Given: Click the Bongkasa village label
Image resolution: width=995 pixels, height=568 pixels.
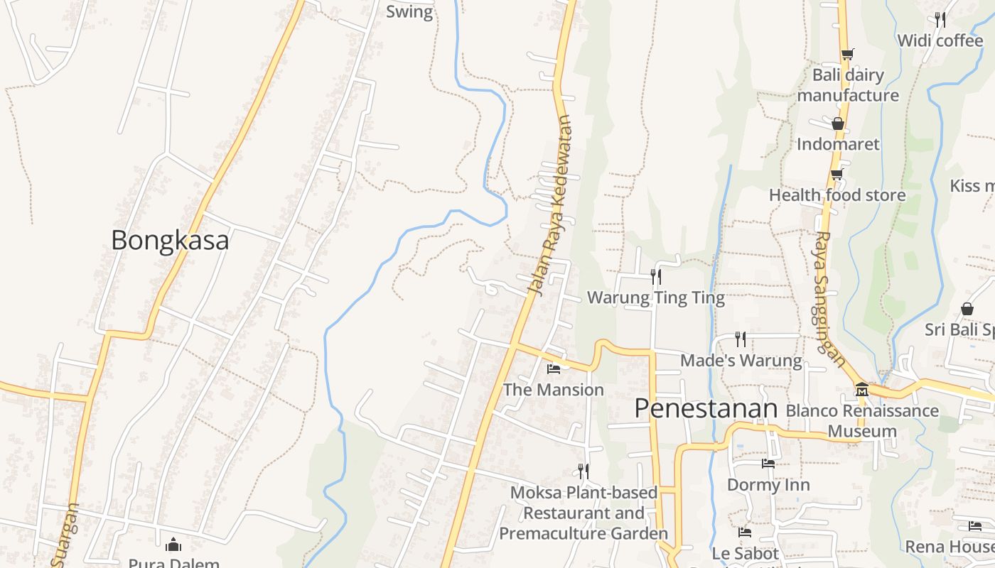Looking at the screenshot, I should (x=170, y=240).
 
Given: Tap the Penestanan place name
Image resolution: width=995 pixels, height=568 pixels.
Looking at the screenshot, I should (x=706, y=408).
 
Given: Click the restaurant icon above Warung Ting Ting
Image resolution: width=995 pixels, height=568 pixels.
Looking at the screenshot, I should (x=656, y=277).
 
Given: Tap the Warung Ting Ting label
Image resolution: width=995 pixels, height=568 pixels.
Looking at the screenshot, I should (x=656, y=297).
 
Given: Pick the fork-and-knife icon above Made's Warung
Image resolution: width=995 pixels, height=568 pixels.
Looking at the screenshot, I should (x=741, y=339).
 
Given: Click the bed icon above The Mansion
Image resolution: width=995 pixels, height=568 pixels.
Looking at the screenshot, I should (x=554, y=368).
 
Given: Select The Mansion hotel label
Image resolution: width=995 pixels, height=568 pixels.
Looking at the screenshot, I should (x=554, y=390).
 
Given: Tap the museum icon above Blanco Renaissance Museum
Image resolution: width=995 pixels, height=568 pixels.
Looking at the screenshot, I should (x=862, y=389).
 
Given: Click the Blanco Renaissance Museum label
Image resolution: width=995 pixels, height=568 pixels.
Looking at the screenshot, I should (x=862, y=420).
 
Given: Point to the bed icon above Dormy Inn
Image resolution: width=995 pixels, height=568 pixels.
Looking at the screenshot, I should (x=768, y=464).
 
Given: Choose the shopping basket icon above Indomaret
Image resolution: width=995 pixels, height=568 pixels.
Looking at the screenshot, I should (x=838, y=124).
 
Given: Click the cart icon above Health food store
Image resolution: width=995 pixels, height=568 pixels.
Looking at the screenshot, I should (x=837, y=174).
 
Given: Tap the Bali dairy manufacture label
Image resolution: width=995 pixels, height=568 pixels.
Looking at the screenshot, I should (x=848, y=85).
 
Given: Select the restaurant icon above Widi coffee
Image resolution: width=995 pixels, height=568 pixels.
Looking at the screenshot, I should (x=940, y=19).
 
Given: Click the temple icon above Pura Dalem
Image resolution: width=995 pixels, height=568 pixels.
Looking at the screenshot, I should (x=173, y=545).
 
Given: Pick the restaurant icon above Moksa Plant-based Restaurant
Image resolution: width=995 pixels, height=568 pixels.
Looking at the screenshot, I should (x=583, y=471).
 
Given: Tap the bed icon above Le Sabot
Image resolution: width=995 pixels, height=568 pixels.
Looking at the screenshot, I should (x=745, y=532).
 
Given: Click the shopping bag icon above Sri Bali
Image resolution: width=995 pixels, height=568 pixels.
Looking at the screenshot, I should (x=967, y=309).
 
